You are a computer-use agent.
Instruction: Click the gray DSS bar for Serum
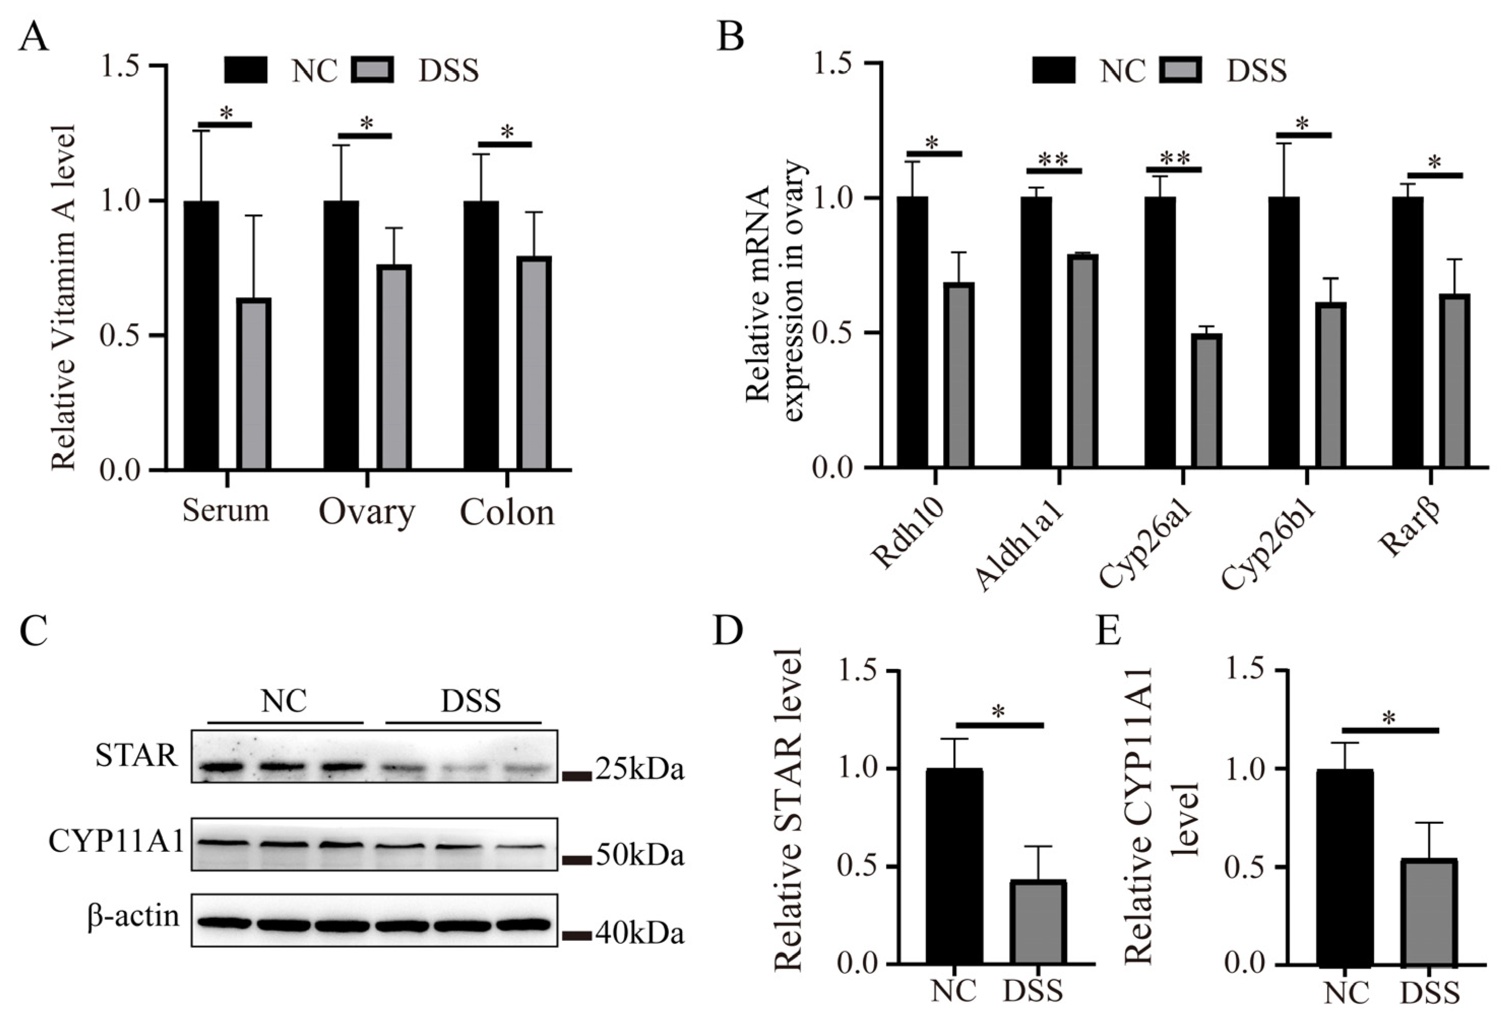click(253, 385)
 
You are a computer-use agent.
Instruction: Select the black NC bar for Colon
click(481, 335)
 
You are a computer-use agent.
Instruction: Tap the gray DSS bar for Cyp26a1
click(1205, 400)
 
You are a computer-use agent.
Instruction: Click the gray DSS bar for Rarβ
click(1454, 380)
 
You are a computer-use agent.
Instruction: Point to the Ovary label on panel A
click(366, 513)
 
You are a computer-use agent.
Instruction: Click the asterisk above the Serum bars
click(226, 113)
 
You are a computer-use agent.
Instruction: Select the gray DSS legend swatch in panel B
click(1181, 70)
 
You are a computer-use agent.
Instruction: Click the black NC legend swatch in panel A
click(246, 70)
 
